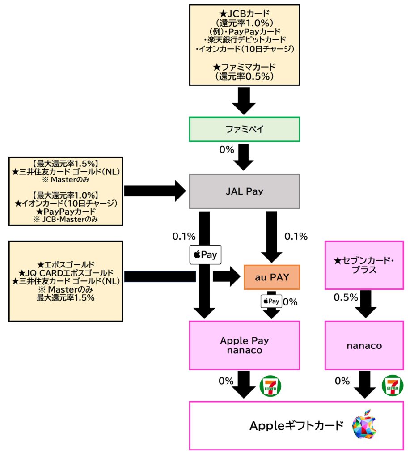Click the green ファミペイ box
coord(244,130)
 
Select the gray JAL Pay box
coord(244,191)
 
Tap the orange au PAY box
coord(271,277)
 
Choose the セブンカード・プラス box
coord(364,265)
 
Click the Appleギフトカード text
coord(296,425)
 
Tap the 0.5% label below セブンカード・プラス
coord(345,297)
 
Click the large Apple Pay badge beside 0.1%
coord(205,254)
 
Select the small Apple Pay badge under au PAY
coord(271,301)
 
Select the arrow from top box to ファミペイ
coord(244,101)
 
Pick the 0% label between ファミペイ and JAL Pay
coord(226,150)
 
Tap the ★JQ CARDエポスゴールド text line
coord(66,273)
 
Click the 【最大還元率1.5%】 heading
coord(66,163)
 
